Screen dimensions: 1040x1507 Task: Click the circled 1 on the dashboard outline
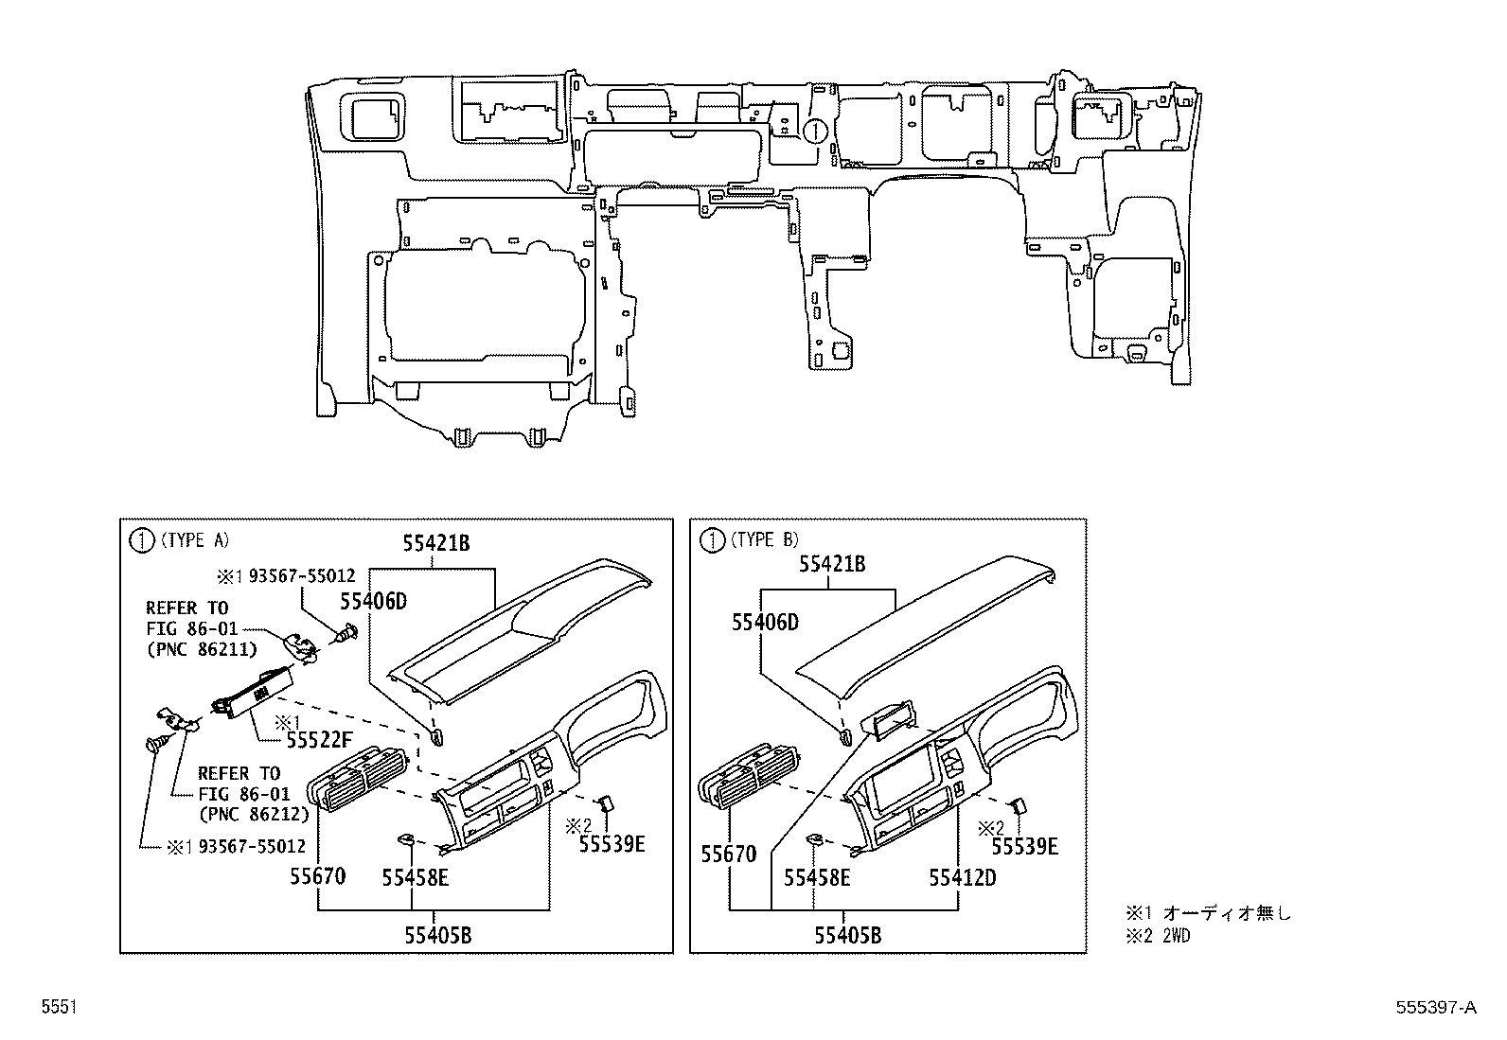click(816, 131)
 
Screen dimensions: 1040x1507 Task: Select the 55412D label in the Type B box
click(962, 877)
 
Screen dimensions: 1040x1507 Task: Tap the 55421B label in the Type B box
click(832, 565)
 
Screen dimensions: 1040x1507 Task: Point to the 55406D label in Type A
click(373, 600)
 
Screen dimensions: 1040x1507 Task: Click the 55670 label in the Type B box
click(729, 855)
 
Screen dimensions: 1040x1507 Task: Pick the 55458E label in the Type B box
click(816, 878)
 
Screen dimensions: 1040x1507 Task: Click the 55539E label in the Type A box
click(612, 844)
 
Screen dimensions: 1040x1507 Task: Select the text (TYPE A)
click(194, 540)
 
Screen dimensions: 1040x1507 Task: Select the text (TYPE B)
click(764, 540)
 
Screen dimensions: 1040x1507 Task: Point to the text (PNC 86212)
click(254, 812)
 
